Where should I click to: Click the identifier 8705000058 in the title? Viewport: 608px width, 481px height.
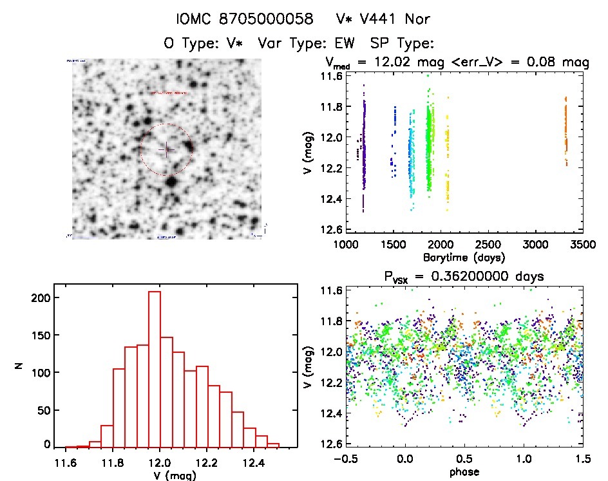[267, 19]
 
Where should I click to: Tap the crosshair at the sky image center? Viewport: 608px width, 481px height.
[166, 149]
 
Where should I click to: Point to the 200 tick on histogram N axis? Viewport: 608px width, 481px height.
[43, 297]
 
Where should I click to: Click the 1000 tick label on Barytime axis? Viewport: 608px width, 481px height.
[346, 245]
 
